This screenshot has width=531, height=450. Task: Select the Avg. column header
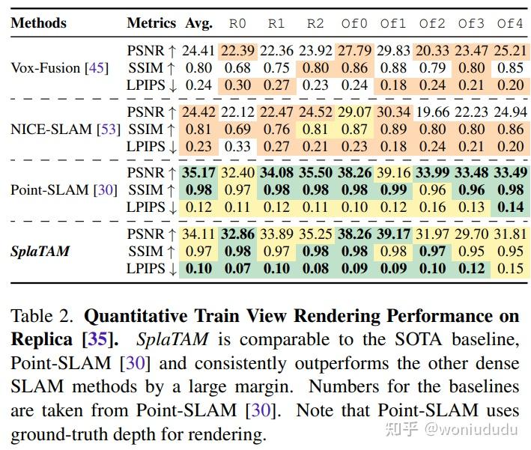(200, 23)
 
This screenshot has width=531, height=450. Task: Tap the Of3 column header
(472, 23)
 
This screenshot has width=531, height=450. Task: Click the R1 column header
(276, 23)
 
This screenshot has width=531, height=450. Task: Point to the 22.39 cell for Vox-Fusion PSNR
(237, 52)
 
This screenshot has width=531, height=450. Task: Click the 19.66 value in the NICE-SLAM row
(433, 113)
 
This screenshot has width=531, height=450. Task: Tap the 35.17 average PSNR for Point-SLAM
(199, 174)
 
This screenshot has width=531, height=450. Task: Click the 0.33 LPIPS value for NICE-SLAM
(237, 147)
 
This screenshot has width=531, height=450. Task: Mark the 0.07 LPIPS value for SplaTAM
(237, 269)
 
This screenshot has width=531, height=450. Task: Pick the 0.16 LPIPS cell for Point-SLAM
(433, 207)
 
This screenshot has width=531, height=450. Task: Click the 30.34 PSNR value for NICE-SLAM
(393, 113)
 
